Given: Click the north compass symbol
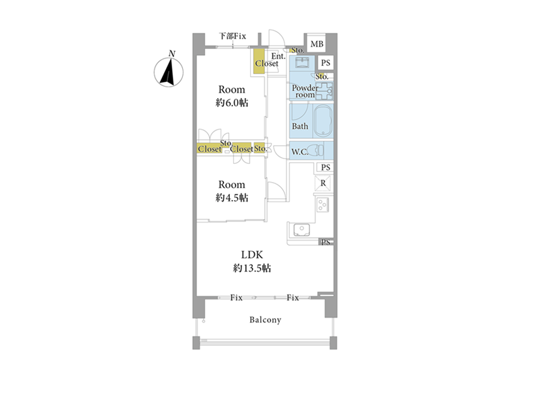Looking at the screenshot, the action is pos(169,72).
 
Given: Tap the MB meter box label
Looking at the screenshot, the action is pos(317,44).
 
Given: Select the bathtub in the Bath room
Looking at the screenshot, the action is pos(323,121).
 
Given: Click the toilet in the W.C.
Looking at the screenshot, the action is pos(315,150).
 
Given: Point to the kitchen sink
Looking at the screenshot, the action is pos(301,230).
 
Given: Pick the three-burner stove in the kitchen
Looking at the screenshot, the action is pos(323,205).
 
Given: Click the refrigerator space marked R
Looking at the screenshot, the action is pos(323,183).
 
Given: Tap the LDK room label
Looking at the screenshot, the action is pos(252,255).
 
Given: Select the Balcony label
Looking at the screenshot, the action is pos(265,320).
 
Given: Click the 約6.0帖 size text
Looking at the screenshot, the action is pos(231,103).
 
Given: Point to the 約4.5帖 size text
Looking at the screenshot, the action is pos(231,197).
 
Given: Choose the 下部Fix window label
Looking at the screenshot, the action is pos(233,36).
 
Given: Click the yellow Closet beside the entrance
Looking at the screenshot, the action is pos(259,61).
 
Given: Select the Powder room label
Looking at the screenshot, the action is pos(305,91).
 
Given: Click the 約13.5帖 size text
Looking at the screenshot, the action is pos(252,268).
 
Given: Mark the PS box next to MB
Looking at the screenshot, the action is pos(325,62).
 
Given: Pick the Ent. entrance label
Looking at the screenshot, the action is pos(278,56).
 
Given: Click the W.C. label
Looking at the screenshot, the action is pos(299,152).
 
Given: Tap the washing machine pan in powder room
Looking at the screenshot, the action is pos(324,91).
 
